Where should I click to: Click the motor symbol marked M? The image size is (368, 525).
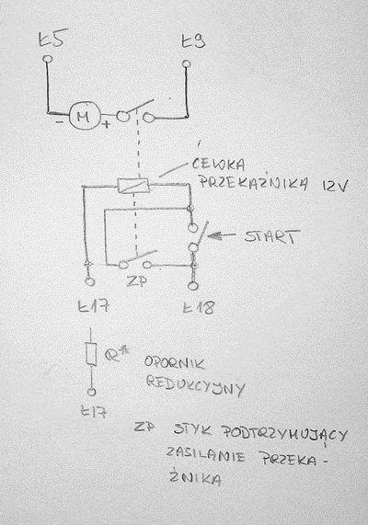[85, 116]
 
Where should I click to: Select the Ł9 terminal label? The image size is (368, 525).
[192, 41]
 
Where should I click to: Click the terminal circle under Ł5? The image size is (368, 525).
[48, 59]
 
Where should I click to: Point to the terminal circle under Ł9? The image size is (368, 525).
[186, 63]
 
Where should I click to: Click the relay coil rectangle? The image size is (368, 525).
[133, 186]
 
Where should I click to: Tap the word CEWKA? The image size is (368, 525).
[218, 164]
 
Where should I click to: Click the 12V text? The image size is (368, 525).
[335, 186]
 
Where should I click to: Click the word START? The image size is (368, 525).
[272, 236]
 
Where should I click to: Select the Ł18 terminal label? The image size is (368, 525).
[199, 308]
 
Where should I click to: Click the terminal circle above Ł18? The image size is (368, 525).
[192, 286]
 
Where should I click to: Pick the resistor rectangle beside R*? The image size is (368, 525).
[91, 354]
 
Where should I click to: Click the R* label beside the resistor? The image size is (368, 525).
[117, 354]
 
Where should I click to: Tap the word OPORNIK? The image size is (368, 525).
[174, 363]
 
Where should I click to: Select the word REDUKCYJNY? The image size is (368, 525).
[196, 386]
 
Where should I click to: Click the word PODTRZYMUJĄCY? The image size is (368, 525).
[285, 435]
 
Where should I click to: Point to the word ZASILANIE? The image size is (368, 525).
[205, 456]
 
